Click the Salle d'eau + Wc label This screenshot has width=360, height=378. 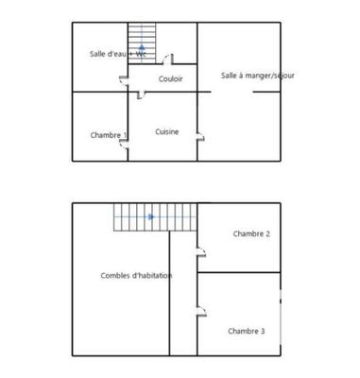tap(116, 54)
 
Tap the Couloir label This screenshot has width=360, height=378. tap(171, 78)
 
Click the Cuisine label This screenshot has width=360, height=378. tap(168, 131)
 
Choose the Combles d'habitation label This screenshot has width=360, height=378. tap(136, 275)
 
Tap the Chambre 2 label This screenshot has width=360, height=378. tap(251, 233)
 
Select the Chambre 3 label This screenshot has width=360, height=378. tap(246, 331)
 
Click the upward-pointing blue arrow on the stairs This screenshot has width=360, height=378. tap(142, 46)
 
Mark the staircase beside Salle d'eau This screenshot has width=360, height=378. tap(142, 43)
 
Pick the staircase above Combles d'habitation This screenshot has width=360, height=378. tap(154, 217)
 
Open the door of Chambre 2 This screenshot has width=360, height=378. tap(200, 251)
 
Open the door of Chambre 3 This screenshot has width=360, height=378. tap(200, 308)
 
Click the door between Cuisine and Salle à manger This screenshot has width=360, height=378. tap(200, 137)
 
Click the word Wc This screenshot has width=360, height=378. tap(141, 54)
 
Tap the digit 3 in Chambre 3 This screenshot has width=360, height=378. tap(262, 331)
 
